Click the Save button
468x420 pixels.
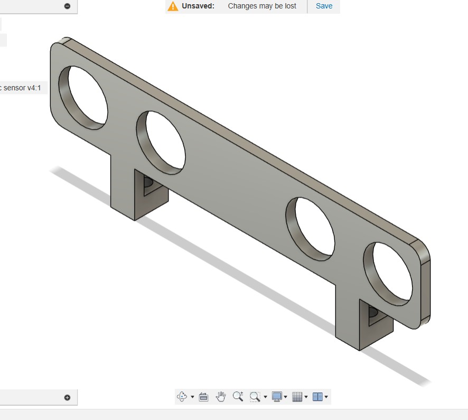pos(324,6)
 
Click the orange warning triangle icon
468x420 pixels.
pos(173,6)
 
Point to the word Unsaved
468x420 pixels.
pos(198,6)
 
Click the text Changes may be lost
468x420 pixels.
pos(262,6)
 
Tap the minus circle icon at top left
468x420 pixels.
pos(67,6)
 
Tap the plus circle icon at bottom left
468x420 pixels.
pos(67,397)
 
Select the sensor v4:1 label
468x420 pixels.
pos(21,88)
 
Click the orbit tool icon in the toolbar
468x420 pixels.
pos(182,396)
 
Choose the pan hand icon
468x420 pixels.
pos(221,396)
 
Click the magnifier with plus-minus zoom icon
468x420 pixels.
pos(238,396)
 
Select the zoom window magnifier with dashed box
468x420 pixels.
pos(255,396)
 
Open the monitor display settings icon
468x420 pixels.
pos(277,396)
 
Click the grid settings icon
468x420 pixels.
pos(297,396)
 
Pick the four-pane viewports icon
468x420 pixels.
pos(317,396)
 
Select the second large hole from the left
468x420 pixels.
pos(162,141)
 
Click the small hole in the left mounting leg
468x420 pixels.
pos(148,183)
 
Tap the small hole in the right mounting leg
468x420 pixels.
pos(373,313)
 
